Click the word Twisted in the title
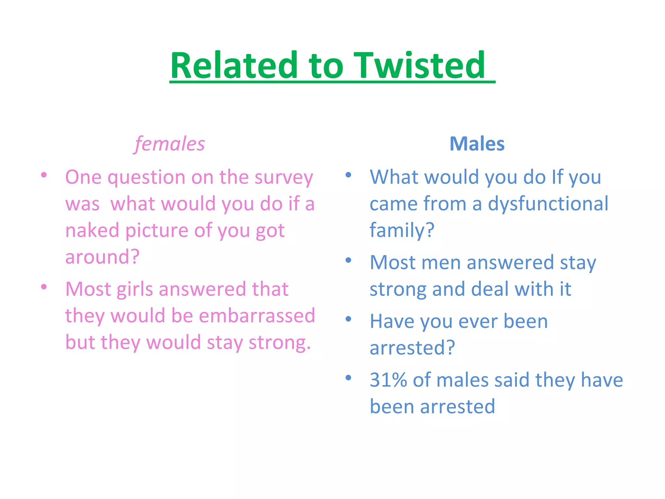click(419, 66)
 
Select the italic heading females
click(170, 144)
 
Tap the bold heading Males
click(477, 144)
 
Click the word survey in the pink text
click(283, 178)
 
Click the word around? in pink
click(102, 257)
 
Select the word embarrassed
click(257, 315)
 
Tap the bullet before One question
click(44, 175)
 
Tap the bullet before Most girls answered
click(44, 287)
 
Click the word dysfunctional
click(548, 204)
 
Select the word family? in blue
click(402, 230)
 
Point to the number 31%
click(388, 380)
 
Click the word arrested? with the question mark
click(412, 348)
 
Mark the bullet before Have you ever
click(348, 319)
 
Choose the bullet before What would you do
click(348, 175)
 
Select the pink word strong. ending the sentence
click(280, 342)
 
